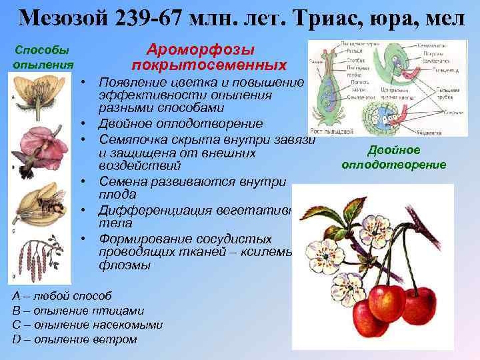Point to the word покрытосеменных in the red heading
(209, 65)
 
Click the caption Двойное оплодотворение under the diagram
(394, 157)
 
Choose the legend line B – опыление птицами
(78, 311)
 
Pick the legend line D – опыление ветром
(75, 339)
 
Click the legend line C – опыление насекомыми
(87, 325)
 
